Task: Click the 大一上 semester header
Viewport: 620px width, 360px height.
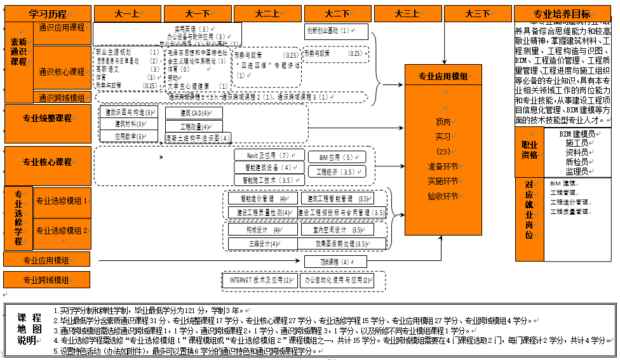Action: (128, 13)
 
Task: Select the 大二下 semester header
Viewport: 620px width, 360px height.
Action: (337, 13)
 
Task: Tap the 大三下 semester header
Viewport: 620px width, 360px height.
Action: (477, 13)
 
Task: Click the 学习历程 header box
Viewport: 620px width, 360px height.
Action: (48, 13)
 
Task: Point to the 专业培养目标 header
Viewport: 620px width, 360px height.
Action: (563, 14)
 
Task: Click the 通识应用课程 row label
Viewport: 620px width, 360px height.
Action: (62, 28)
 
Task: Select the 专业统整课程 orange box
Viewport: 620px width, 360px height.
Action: (48, 118)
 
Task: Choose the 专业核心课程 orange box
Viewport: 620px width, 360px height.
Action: (48, 163)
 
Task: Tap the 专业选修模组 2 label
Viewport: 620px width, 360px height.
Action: (62, 230)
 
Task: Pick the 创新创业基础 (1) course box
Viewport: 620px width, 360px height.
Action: (336, 30)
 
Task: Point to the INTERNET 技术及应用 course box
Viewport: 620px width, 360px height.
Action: (261, 279)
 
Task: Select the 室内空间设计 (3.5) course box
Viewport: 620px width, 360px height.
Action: (339, 229)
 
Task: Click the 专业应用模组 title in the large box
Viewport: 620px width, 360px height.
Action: (443, 77)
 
